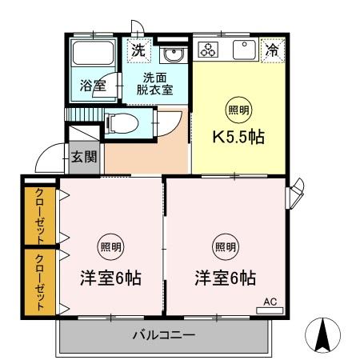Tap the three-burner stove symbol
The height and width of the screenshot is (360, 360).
pos(209,50)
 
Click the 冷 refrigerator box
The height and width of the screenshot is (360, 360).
pos(273,49)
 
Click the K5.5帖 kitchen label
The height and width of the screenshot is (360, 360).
pos(238,136)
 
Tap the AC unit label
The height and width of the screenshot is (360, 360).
pos(270,302)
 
